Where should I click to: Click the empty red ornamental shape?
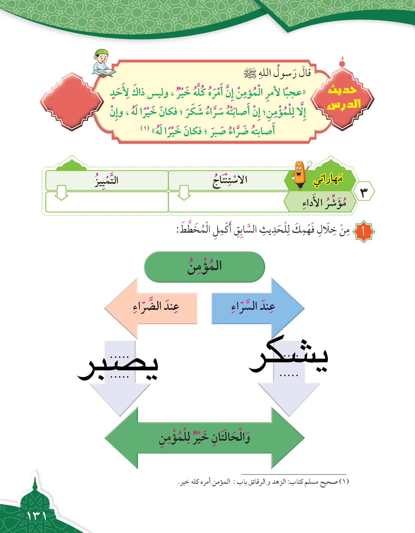pyautogui.click(x=72, y=102)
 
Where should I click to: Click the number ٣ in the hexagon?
pyautogui.click(x=364, y=192)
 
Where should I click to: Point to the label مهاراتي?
pyautogui.click(x=328, y=179)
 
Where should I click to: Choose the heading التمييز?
pyautogui.click(x=106, y=180)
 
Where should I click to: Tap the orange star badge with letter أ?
pyautogui.click(x=363, y=232)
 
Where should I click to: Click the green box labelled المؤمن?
pyautogui.click(x=204, y=267)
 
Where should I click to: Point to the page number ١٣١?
pyautogui.click(x=37, y=516)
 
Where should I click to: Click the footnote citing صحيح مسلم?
pyautogui.click(x=263, y=482)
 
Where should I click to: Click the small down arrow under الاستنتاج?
pyautogui.click(x=184, y=193)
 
